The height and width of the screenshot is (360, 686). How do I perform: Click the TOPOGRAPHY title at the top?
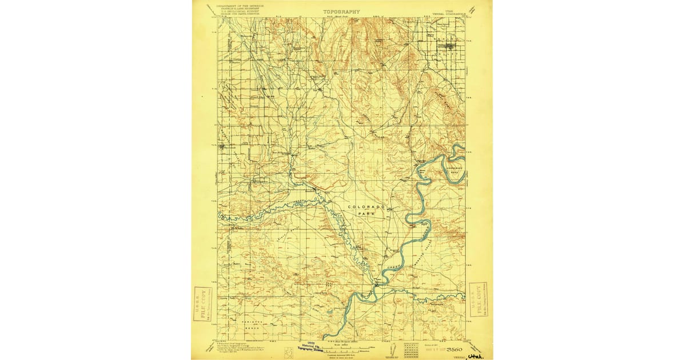tap(341, 11)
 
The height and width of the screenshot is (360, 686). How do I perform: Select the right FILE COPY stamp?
tap(478, 299)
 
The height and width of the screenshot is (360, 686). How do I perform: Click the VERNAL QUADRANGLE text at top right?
tap(448, 12)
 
